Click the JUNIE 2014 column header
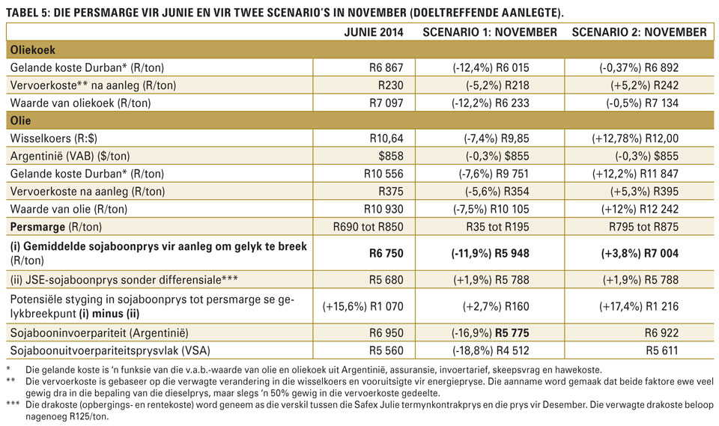[374, 32]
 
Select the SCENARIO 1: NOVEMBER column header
[490, 32]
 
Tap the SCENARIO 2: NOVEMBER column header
[639, 32]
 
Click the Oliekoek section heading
[32, 50]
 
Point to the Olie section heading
[21, 121]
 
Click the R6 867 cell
[386, 68]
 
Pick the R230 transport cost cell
[391, 85]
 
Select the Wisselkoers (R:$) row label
[54, 139]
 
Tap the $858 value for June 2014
[391, 156]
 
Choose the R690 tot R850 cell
[368, 227]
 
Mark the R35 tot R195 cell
[497, 227]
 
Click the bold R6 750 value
[386, 253]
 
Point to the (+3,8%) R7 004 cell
[640, 253]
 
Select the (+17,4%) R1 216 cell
[639, 306]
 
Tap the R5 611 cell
[661, 351]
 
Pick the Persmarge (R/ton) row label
[56, 227]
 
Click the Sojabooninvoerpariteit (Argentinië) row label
[99, 333]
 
